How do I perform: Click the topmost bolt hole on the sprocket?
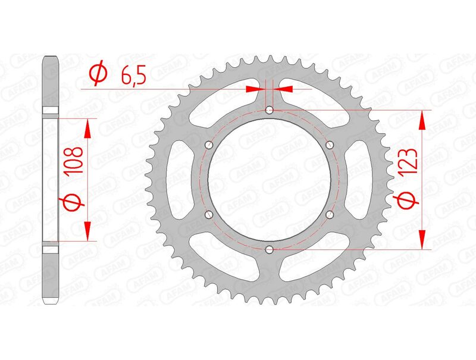pyautogui.click(x=270, y=109)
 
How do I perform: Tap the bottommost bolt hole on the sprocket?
pyautogui.click(x=270, y=249)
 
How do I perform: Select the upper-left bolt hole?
pyautogui.click(x=208, y=145)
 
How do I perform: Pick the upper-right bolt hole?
pyautogui.click(x=330, y=145)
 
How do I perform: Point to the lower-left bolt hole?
pyautogui.click(x=208, y=214)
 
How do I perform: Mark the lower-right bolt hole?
pyautogui.click(x=330, y=214)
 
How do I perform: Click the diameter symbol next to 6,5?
pyautogui.click(x=98, y=74)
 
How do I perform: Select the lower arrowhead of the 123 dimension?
pyautogui.click(x=423, y=239)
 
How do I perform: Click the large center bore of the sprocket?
pyautogui.click(x=270, y=179)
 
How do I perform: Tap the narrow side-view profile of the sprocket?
pyautogui.click(x=51, y=179)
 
